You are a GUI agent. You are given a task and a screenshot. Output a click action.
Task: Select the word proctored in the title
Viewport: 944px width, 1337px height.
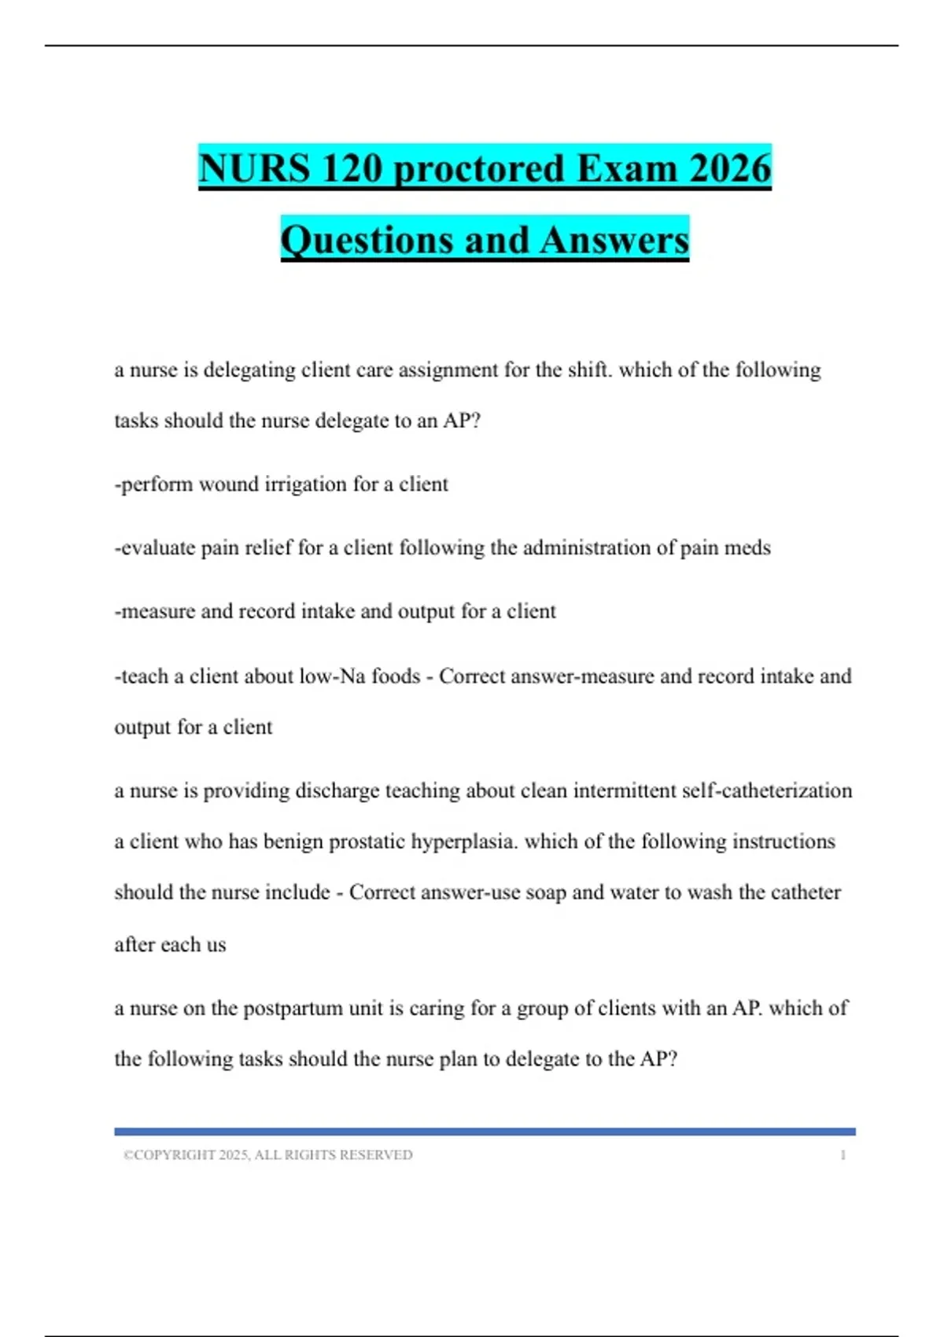[x=479, y=168]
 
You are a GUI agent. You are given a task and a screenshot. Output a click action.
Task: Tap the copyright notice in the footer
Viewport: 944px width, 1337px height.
[x=268, y=1155]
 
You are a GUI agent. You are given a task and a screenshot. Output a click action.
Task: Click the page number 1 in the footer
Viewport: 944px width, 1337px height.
[x=843, y=1155]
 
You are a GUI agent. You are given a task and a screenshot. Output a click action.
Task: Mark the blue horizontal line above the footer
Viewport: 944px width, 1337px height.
[x=485, y=1131]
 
